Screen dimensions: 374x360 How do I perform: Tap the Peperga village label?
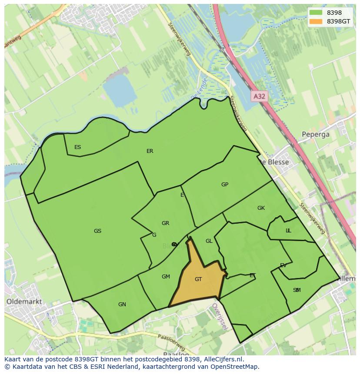click(316, 134)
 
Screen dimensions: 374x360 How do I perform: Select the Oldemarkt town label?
click(24, 301)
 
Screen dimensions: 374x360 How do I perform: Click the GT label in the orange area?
click(198, 279)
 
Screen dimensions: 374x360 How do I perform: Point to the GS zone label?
click(97, 231)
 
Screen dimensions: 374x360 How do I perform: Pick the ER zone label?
click(150, 151)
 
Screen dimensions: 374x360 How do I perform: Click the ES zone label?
click(77, 147)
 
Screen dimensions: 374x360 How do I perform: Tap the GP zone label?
click(225, 185)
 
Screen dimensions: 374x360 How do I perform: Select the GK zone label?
click(261, 208)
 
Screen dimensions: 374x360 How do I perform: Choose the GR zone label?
click(165, 223)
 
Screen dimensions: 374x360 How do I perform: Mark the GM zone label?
click(166, 277)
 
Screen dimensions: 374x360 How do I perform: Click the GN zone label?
click(122, 304)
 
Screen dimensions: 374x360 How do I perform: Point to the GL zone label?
click(209, 241)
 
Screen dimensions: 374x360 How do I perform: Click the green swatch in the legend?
click(316, 13)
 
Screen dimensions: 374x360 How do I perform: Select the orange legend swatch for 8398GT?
click(316, 21)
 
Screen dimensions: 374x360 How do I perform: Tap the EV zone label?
click(283, 265)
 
